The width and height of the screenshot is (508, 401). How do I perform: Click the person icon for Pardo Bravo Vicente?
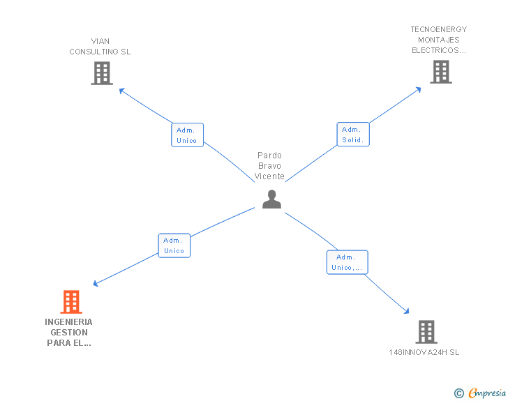point(271,199)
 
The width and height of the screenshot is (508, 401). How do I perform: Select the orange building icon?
point(71,302)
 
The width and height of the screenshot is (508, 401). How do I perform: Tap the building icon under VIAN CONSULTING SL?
point(102,73)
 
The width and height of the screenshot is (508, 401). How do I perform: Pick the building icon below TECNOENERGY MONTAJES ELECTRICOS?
point(441,72)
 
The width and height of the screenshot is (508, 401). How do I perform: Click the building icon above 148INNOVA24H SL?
point(426,332)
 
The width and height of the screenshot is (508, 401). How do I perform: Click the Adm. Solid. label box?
point(353,135)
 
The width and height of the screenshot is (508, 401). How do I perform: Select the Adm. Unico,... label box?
point(348,262)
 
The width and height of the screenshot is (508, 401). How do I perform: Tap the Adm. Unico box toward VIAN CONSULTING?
point(187,135)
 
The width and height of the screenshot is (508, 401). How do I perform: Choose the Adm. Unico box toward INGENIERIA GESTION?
point(174,245)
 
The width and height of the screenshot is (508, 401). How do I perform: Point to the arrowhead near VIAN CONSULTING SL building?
point(122,91)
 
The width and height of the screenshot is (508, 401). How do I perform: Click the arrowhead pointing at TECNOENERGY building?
point(418,90)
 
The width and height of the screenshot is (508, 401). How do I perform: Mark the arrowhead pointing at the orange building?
point(96,283)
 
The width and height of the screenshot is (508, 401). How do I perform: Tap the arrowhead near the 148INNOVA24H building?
point(407,311)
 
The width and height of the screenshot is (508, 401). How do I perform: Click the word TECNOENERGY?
point(439,29)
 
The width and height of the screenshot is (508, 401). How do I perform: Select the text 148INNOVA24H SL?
point(424,352)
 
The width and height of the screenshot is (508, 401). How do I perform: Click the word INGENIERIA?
point(68,322)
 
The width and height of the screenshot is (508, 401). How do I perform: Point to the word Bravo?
point(269,166)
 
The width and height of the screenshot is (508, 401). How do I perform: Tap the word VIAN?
point(100,41)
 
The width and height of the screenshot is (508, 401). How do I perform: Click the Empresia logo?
point(487,393)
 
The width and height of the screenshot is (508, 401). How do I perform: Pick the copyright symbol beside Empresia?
point(459,393)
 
